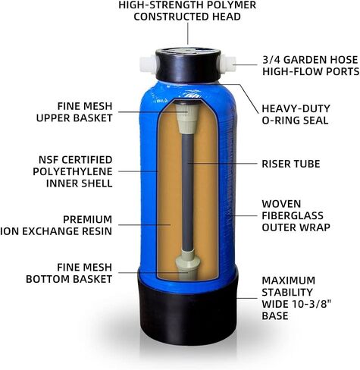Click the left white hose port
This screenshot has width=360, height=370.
tap(149, 65)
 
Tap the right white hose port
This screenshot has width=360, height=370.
tap(228, 64)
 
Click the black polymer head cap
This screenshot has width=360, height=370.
tap(188, 65)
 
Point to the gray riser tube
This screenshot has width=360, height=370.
tap(187, 193)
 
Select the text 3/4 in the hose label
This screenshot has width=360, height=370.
tap(271, 60)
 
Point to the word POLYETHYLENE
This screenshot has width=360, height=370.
tap(73, 171)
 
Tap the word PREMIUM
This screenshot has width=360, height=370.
tap(87, 219)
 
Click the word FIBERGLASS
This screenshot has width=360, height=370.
tap(293, 215)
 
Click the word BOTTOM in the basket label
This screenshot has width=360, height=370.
tap(48, 279)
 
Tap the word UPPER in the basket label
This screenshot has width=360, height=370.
tap(52, 118)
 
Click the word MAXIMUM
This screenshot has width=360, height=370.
tap(289, 281)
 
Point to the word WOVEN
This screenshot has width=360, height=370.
tap(278, 204)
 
